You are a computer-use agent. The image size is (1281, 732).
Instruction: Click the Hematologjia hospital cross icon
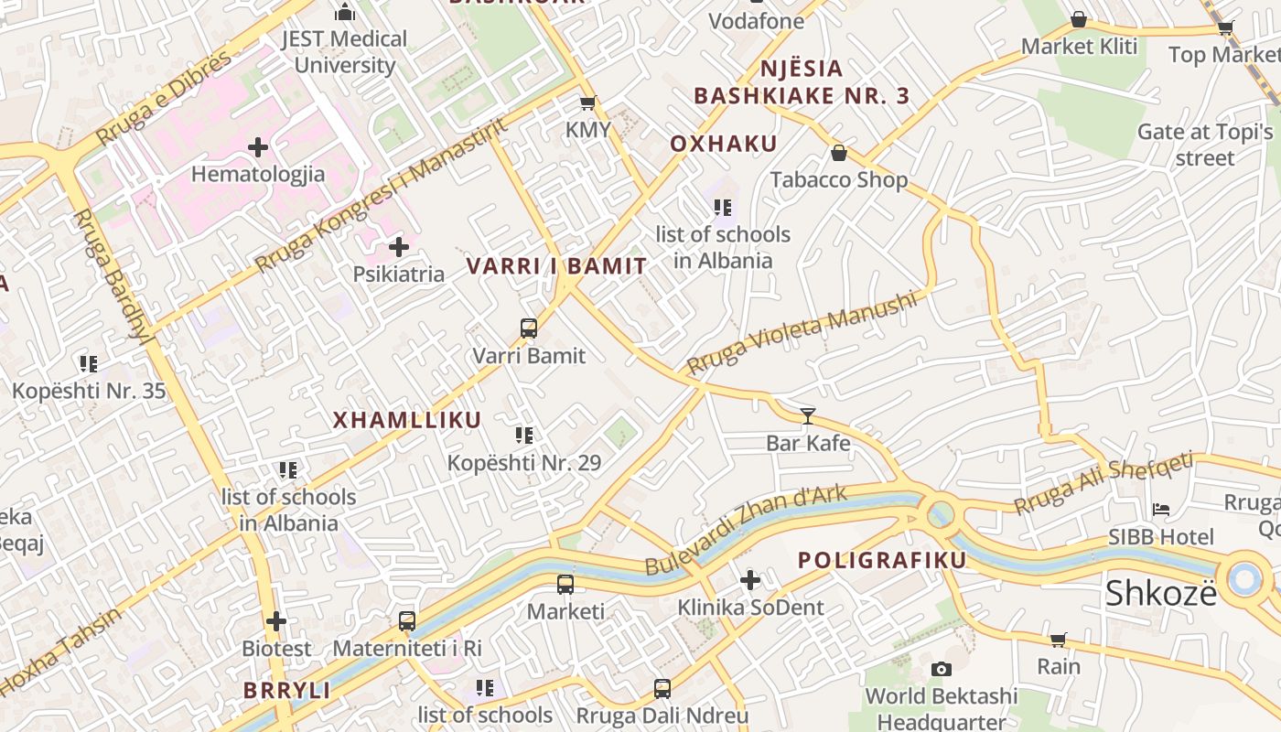point(258,146)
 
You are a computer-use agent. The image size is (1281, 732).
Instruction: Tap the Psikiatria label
point(399,274)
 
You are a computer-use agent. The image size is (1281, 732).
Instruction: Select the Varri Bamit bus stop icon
point(528,328)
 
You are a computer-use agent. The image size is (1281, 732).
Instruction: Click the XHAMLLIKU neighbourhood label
point(407,420)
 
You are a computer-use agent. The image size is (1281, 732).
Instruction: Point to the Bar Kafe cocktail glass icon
point(807,416)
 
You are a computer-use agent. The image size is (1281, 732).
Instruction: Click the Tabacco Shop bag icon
point(838,153)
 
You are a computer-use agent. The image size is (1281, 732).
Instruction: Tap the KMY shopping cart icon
point(587,102)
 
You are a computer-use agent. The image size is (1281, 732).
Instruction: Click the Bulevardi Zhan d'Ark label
point(746,531)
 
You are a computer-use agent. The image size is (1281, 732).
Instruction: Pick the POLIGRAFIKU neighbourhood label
point(882,560)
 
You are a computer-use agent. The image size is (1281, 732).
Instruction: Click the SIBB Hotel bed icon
point(1161,510)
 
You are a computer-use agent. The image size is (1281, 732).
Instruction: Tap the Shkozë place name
point(1161,593)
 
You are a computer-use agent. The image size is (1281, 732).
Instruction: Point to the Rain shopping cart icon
point(1059,640)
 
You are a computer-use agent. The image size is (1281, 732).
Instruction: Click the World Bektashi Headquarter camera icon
point(941,669)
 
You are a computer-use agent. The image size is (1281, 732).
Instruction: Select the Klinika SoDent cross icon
point(750,580)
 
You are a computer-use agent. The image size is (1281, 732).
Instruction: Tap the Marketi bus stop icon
point(565,585)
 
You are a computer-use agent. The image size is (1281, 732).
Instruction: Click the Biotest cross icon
point(276,621)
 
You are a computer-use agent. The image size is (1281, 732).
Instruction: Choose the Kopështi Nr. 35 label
point(89,392)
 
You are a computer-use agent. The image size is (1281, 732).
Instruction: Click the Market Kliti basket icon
point(1079,19)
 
